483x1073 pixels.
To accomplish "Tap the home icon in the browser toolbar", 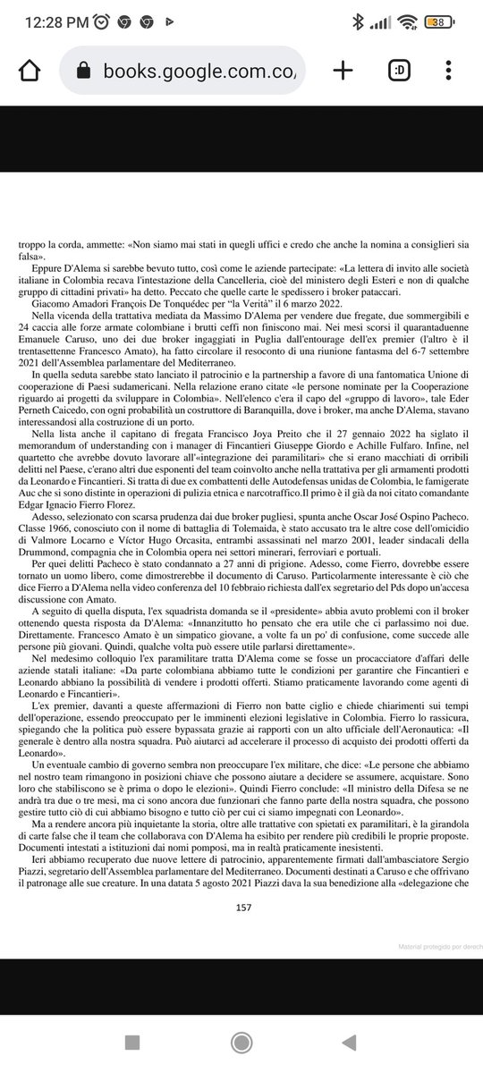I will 29,71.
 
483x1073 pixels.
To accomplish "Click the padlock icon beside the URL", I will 84,71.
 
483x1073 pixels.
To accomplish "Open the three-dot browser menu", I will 448,71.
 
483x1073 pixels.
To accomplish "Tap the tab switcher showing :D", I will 398,71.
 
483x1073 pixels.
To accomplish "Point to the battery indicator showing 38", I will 438,21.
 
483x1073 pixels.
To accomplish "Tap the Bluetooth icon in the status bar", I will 358,21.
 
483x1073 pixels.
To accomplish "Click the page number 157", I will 241,906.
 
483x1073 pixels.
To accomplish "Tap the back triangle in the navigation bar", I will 349,1042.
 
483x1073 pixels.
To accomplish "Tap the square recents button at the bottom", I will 132,1042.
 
